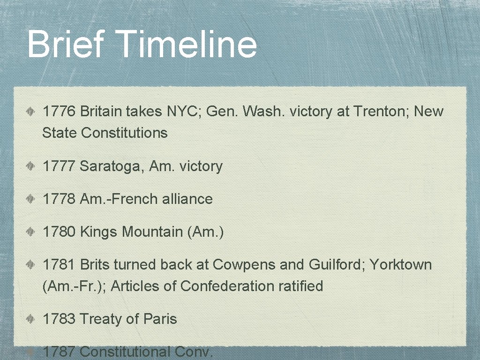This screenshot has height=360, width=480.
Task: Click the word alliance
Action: pos(187,199)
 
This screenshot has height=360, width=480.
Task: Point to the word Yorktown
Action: pos(401,265)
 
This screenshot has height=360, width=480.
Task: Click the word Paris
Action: pos(160,319)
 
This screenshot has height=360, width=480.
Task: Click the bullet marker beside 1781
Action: pos(30,265)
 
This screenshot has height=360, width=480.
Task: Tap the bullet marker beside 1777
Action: pos(30,167)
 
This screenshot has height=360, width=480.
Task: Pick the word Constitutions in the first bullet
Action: pos(124,133)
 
